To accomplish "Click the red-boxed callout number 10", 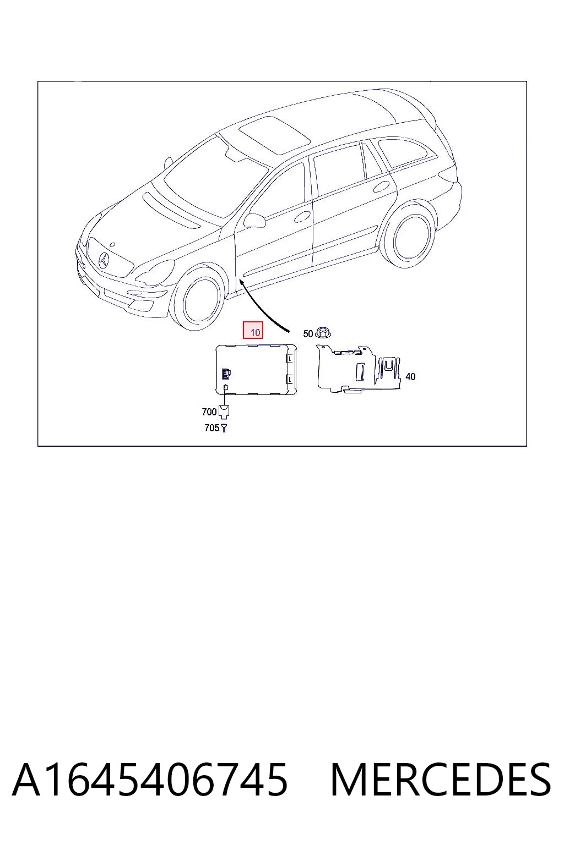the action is (x=255, y=332).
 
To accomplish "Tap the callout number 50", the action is (x=308, y=334).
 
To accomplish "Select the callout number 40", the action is (x=410, y=376).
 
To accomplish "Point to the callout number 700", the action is (x=209, y=411).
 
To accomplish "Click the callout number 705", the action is (x=211, y=428).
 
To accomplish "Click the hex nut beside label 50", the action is (x=323, y=333).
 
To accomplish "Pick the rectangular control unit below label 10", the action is (x=256, y=370).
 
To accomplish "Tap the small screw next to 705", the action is (x=224, y=428).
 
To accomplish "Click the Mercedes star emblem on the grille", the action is (x=103, y=261).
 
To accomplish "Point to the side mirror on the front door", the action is (x=254, y=220).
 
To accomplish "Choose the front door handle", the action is (x=302, y=217).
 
